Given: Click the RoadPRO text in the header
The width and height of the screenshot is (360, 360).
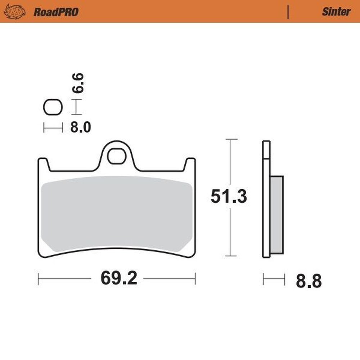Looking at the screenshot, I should (x=56, y=12).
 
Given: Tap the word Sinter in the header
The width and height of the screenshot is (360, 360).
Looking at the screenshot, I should (x=336, y=12).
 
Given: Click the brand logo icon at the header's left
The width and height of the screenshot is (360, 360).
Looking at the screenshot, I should (x=14, y=12).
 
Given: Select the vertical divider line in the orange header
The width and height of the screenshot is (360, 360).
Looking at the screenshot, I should (x=288, y=12).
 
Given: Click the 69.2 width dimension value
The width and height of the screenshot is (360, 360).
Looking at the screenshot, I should (x=119, y=278).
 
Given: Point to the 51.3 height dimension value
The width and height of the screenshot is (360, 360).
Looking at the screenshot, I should (x=229, y=197).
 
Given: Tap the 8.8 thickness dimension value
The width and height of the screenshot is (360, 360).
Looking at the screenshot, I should (x=309, y=281).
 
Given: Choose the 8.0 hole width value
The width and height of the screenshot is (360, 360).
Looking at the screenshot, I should (x=80, y=127).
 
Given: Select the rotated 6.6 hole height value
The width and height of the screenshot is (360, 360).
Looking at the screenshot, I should (x=79, y=83).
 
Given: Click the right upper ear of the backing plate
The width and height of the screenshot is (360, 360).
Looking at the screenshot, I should (x=190, y=163).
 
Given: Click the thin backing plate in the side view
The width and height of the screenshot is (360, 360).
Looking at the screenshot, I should (x=266, y=202).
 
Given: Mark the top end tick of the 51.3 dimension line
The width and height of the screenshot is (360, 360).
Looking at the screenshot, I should (x=231, y=139).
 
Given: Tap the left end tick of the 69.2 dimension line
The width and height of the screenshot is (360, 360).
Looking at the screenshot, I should (x=39, y=279).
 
